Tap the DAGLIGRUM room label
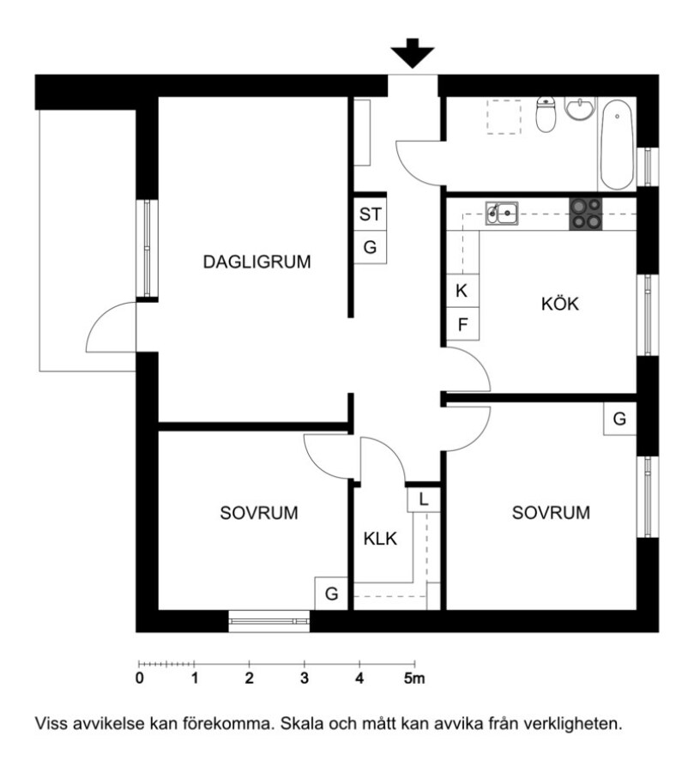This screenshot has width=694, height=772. click(x=256, y=262)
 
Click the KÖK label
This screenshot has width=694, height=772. click(x=560, y=304)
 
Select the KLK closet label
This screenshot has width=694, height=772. click(x=380, y=539)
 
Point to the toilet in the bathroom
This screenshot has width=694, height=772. click(x=546, y=114)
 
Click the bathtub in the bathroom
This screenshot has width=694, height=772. click(x=617, y=145)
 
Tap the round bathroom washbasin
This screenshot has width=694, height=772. click(x=580, y=108)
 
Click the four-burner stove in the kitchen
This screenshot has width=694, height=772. click(x=586, y=214)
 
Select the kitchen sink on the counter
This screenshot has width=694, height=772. click(x=502, y=213)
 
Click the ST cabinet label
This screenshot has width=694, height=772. click(x=370, y=214)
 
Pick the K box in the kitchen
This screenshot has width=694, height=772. click(x=462, y=291)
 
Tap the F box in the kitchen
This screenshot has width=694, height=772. click(x=462, y=324)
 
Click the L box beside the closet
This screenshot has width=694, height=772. click(x=423, y=500)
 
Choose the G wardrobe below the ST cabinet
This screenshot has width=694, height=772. click(x=370, y=247)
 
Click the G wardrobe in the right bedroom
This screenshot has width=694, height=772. click(x=619, y=419)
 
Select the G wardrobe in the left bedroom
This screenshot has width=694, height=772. click(x=331, y=594)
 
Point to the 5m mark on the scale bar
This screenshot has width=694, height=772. click(x=414, y=679)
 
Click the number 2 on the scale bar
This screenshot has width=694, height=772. click(x=250, y=679)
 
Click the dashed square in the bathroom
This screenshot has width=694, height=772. click(x=504, y=117)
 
